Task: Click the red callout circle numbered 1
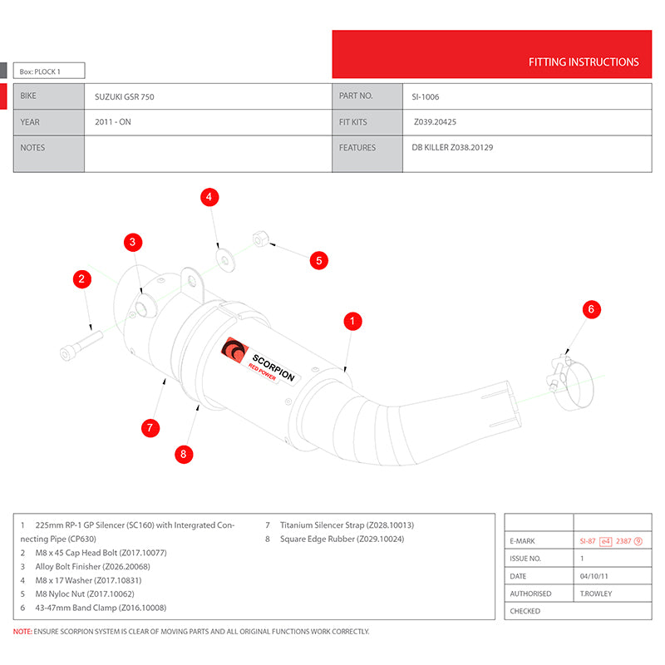coord(352,320)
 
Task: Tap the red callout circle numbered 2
coord(81,279)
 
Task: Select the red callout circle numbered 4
coord(210,197)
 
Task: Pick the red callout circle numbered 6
coord(590,309)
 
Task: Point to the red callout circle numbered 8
coord(184,454)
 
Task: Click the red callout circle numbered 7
coord(150,428)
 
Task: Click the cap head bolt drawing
coord(79,345)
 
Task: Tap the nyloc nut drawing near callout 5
coord(259,239)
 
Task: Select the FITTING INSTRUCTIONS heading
coord(584,62)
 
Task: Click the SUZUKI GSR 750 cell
coord(125,97)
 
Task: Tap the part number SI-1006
coord(426,97)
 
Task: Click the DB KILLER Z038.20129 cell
coord(452,148)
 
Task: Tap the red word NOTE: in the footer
coord(22,632)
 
